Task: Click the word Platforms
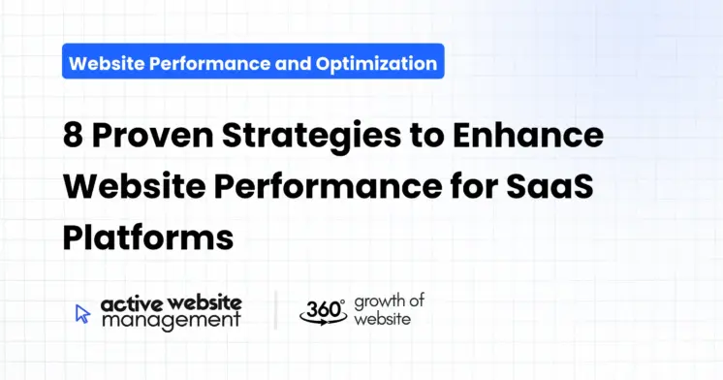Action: (148, 237)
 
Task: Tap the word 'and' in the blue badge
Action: (294, 64)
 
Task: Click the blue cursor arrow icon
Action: (82, 313)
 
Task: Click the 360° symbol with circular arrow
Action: (322, 310)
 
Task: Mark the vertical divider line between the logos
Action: (275, 310)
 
